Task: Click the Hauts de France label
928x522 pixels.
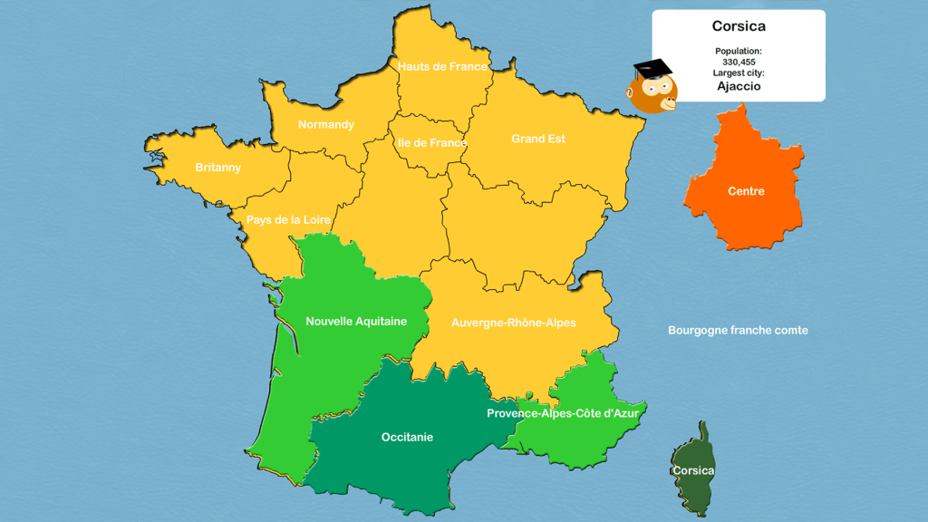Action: coord(442,66)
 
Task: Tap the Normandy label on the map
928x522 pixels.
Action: coord(325,124)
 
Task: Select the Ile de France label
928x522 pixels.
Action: coord(431,142)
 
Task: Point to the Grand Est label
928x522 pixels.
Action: coord(538,139)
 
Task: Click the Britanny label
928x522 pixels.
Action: coord(218,168)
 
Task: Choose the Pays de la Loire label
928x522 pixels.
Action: coord(288,220)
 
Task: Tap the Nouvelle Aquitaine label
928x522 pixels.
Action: coord(356,321)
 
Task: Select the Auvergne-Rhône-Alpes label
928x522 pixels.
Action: coord(514,323)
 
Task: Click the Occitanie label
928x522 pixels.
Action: coord(407,437)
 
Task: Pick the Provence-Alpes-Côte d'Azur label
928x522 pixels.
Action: coord(563,413)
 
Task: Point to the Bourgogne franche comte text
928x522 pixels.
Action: coord(738,331)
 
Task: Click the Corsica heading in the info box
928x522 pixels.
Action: coord(739,26)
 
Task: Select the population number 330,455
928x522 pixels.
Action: coord(739,62)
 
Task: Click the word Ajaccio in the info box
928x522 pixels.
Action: coord(739,87)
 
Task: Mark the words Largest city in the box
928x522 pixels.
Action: coord(739,72)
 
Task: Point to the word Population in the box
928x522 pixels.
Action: coord(739,52)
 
